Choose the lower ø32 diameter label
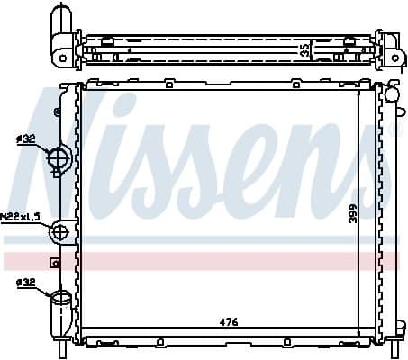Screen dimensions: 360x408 point(26,283)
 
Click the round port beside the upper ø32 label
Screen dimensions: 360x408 point(59,160)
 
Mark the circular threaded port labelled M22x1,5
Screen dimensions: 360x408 point(61,233)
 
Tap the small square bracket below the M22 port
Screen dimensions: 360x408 point(54,264)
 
